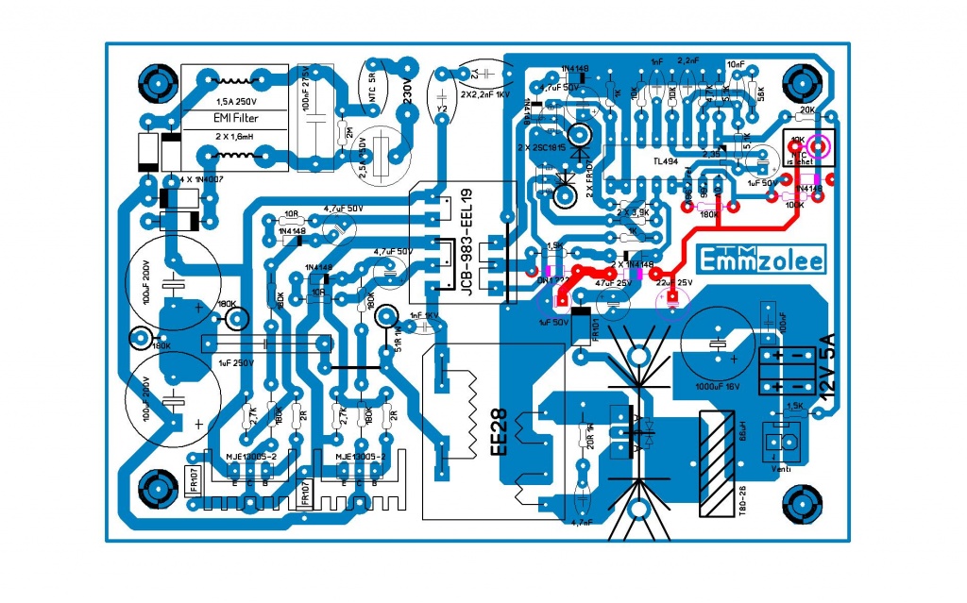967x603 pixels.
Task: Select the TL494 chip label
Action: (x=666, y=161)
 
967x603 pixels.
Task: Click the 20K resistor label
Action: (x=807, y=109)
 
